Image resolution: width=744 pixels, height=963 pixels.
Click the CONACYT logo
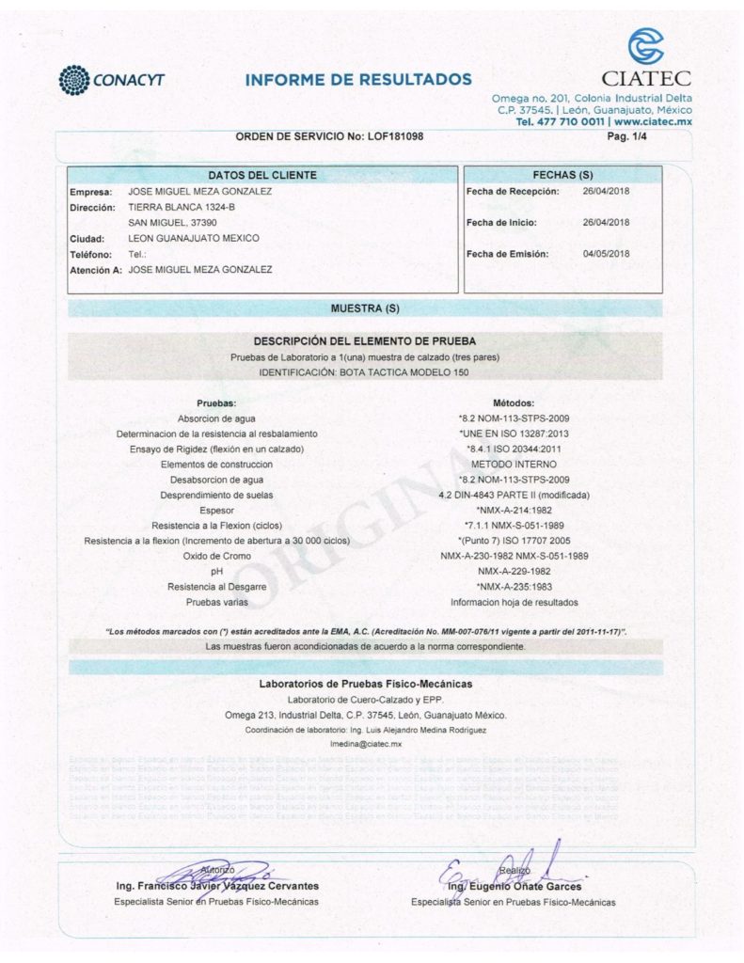pos(111,79)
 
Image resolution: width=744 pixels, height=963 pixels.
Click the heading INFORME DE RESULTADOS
pos(358,79)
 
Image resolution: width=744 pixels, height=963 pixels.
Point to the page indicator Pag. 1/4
pos(628,137)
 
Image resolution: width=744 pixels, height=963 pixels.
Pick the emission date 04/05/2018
pos(607,254)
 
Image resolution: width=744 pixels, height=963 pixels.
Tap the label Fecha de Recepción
pos(513,192)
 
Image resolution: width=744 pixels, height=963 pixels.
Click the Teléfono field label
pos(91,255)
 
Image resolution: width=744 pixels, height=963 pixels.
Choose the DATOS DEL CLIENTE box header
pos(261,175)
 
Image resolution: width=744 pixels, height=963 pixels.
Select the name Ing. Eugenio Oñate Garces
pos(514,887)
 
